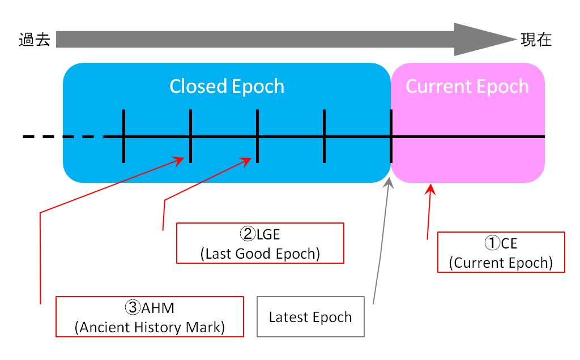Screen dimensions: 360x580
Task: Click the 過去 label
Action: tap(34, 40)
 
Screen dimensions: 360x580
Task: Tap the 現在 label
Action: tap(536, 40)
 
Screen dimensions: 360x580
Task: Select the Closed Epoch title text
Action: tap(227, 87)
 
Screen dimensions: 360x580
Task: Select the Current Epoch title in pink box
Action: tap(467, 87)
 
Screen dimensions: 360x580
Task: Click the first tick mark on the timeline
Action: tap(123, 136)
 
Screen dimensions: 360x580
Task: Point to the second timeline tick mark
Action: tap(190, 136)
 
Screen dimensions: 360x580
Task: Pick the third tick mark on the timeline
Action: tap(257, 136)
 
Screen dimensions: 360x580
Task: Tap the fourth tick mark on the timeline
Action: tap(324, 136)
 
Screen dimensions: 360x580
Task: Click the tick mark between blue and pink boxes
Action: tap(391, 136)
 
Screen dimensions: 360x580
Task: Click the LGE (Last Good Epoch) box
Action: tap(260, 243)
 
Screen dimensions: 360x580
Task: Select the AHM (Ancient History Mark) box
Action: tap(150, 316)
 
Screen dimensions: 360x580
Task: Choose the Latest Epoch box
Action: tap(310, 316)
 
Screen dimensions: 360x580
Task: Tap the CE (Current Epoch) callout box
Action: tap(501, 252)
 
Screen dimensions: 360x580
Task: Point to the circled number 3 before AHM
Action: tap(132, 308)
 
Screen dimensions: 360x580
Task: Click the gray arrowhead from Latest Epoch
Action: tap(389, 182)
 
